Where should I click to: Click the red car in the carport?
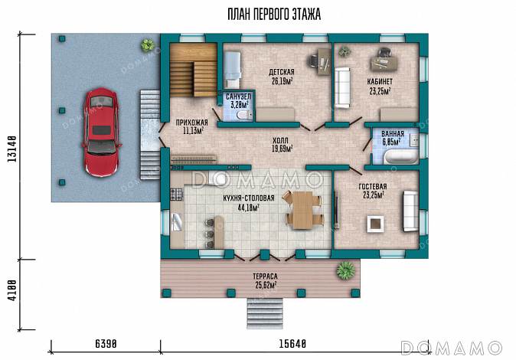tap(101, 132)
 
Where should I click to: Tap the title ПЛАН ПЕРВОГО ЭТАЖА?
tap(274, 15)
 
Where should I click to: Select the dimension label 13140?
tap(12, 149)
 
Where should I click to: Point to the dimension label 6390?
tap(106, 344)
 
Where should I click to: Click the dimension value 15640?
tap(292, 344)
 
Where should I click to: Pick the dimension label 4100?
tap(12, 290)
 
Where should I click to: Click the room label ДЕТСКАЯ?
tap(282, 72)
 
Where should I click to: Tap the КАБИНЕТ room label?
tap(380, 81)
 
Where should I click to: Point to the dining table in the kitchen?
tap(303, 210)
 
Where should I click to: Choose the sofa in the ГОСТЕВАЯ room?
tap(410, 211)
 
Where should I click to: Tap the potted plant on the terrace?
tap(345, 270)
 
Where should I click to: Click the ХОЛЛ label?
tap(280, 141)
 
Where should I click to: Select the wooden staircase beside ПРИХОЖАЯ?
tap(193, 70)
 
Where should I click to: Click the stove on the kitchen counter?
tap(176, 195)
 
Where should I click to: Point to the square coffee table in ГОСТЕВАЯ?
tap(375, 224)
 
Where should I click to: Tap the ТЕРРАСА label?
tap(265, 277)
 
